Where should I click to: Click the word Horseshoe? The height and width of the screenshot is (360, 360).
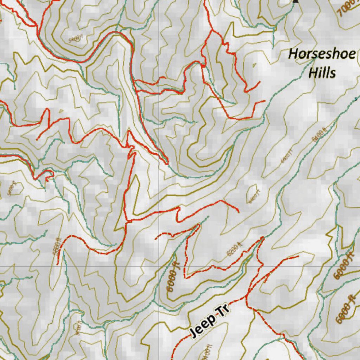(x=322, y=55)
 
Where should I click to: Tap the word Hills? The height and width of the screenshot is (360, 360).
(x=322, y=73)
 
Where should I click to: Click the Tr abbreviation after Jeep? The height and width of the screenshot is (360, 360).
(x=224, y=310)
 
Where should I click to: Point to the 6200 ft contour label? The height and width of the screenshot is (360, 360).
(x=234, y=249)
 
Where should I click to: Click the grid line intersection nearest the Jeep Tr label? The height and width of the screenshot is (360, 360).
(x=159, y=266)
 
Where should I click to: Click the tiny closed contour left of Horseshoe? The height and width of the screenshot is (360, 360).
(x=255, y=65)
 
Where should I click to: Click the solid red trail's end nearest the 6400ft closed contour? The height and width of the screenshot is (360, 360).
(x=239, y=212)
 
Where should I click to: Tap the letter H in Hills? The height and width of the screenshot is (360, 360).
(x=312, y=73)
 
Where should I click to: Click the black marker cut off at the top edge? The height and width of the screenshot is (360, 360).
(x=296, y=1)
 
